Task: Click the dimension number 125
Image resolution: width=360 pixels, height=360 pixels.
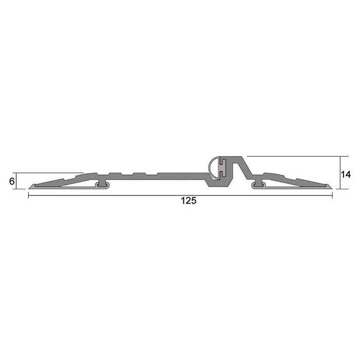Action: pyautogui.click(x=188, y=201)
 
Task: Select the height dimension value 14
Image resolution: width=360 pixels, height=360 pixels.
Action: pyautogui.click(x=346, y=174)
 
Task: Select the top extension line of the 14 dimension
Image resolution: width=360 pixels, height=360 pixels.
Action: pyautogui.click(x=293, y=156)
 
